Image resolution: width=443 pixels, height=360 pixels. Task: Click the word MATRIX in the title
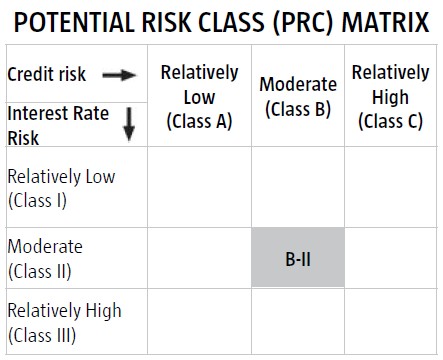point(386,22)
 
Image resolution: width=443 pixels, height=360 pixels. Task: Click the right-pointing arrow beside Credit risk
point(119,75)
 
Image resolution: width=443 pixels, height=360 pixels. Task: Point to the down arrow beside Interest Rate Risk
point(129,124)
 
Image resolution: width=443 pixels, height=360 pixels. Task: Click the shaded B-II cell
point(298,257)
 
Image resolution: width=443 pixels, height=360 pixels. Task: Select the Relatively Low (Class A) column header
point(199,97)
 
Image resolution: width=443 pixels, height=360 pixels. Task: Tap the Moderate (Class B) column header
point(298,97)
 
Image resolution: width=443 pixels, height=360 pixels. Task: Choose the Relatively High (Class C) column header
point(391,97)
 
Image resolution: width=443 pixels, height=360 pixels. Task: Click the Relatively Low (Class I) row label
point(61,188)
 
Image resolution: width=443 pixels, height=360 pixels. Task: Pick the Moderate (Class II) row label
point(45,259)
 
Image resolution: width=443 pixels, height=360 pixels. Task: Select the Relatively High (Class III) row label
point(64,323)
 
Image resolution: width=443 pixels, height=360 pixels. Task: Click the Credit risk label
point(47,74)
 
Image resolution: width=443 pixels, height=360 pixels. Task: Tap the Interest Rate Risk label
point(58,125)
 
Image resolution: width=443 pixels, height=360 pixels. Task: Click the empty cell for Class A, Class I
point(199,187)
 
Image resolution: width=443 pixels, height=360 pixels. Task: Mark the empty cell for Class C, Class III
point(391,321)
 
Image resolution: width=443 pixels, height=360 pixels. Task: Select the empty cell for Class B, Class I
point(298,187)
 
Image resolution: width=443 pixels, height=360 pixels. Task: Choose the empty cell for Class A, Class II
point(199,258)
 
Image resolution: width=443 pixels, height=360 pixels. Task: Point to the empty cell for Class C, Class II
point(391,258)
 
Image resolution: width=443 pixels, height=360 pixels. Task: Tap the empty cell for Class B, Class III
point(298,321)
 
